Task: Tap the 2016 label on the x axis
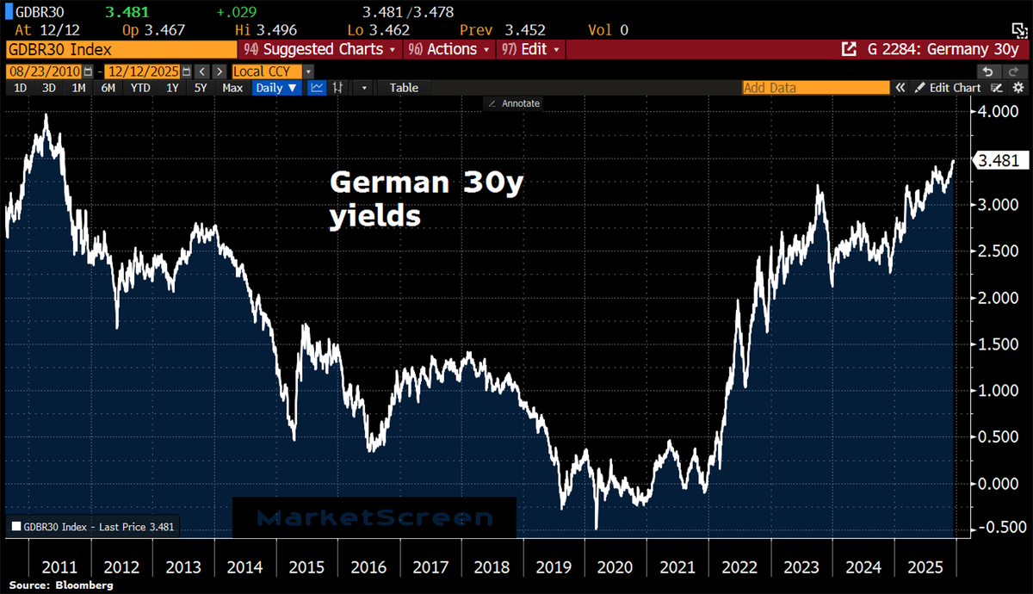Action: pyautogui.click(x=369, y=569)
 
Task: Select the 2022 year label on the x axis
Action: pyautogui.click(x=739, y=569)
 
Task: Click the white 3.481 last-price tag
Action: pyautogui.click(x=999, y=160)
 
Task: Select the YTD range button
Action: pyautogui.click(x=139, y=88)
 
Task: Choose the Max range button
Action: pyautogui.click(x=232, y=88)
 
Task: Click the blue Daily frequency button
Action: pyautogui.click(x=276, y=88)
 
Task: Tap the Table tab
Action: pyautogui.click(x=404, y=88)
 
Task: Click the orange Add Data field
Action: pyautogui.click(x=815, y=88)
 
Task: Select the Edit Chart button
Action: pyautogui.click(x=947, y=88)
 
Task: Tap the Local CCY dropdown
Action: pyautogui.click(x=272, y=71)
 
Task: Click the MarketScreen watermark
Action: pyautogui.click(x=374, y=517)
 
